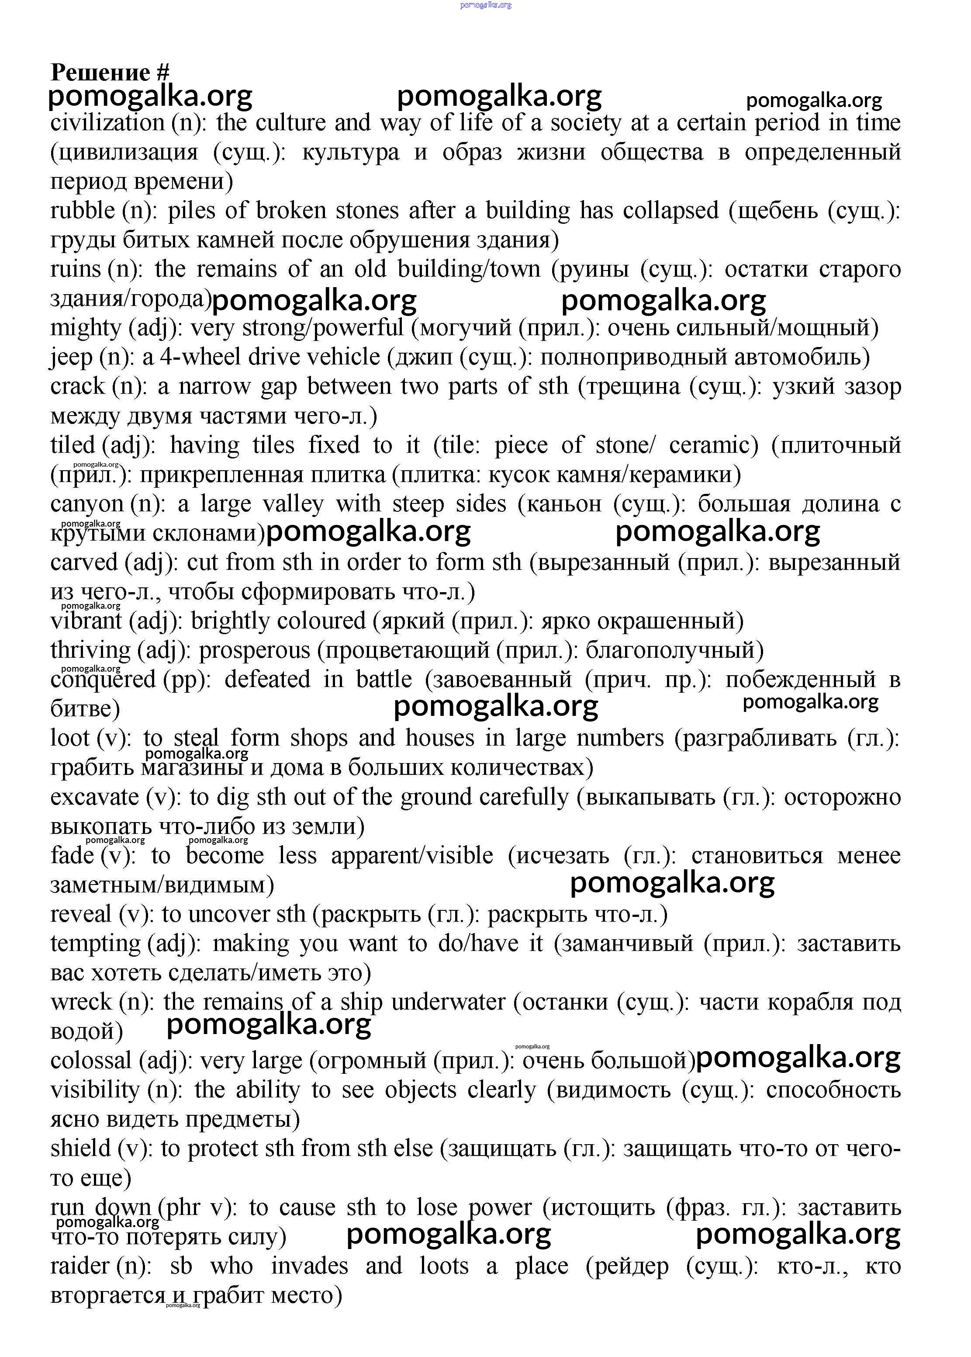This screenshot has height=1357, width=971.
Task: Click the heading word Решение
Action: click(x=100, y=73)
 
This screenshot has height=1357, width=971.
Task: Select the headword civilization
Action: click(x=107, y=123)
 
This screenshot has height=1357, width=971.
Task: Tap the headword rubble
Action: click(x=83, y=211)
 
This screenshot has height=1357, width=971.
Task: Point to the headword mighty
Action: click(x=86, y=328)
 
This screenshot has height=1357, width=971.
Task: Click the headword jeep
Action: click(x=71, y=357)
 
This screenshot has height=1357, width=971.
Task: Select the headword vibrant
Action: click(x=86, y=621)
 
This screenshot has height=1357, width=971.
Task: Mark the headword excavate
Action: click(x=94, y=797)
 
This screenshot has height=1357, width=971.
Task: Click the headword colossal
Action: click(x=91, y=1061)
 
